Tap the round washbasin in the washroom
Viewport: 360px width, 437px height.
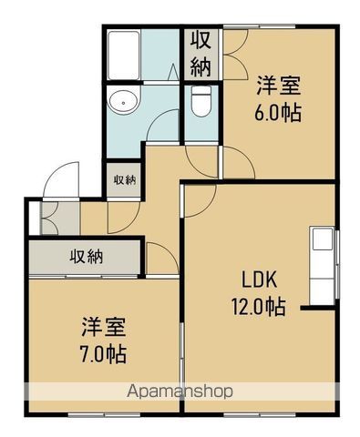[121, 101]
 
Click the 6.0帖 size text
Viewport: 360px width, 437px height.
[278, 115]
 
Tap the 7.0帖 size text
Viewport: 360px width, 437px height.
[102, 353]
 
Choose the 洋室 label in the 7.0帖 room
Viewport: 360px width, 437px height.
[102, 326]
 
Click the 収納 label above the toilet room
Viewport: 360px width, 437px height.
[201, 54]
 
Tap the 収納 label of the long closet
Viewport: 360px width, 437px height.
[87, 256]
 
